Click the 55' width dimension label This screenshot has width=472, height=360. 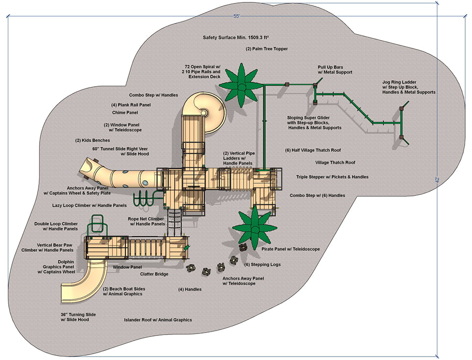pyautogui.click(x=236, y=16)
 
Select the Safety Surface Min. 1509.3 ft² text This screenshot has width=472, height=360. pyautogui.click(x=235, y=37)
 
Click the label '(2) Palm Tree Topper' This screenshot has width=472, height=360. pyautogui.click(x=267, y=49)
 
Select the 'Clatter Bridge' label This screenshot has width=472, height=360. pyautogui.click(x=154, y=274)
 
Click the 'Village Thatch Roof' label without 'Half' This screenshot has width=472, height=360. pyautogui.click(x=335, y=163)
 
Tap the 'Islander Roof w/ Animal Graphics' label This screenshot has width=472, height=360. pyautogui.click(x=158, y=320)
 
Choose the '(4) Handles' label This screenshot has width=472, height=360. pyautogui.click(x=190, y=289)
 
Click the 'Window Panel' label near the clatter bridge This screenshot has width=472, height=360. pyautogui.click(x=127, y=267)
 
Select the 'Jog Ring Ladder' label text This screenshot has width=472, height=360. pyautogui.click(x=400, y=82)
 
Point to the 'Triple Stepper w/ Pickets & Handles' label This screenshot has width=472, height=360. pyautogui.click(x=332, y=177)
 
